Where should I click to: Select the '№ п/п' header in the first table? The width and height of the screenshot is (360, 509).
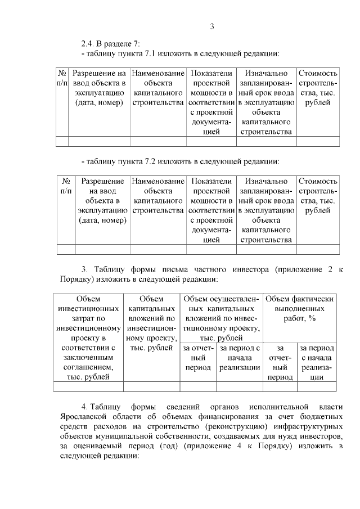[62, 78]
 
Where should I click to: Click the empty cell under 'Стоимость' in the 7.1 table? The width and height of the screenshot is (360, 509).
[318, 142]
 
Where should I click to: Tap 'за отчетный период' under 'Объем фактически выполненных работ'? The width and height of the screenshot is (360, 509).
[280, 363]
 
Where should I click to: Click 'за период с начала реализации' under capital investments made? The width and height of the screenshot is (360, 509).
[240, 358]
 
